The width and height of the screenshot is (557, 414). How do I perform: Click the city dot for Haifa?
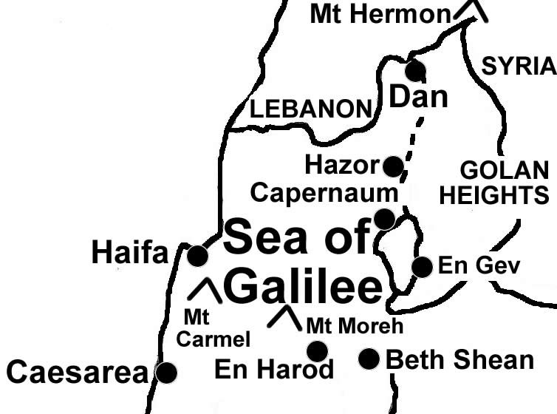(197, 256)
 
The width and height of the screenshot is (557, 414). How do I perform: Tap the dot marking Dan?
(415, 71)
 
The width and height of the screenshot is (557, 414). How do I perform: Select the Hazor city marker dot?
(394, 166)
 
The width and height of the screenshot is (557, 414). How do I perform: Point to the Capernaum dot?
(384, 219)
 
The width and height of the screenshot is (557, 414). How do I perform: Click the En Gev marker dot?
(422, 267)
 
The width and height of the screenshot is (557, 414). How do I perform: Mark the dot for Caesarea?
(168, 373)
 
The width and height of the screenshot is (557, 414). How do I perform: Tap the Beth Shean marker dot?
(369, 359)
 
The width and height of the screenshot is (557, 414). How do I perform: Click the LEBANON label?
(310, 110)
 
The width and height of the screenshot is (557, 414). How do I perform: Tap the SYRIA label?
(518, 67)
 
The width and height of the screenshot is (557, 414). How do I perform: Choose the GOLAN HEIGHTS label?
(505, 183)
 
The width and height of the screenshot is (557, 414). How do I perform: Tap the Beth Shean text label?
(459, 360)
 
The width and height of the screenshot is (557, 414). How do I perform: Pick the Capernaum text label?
(324, 193)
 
